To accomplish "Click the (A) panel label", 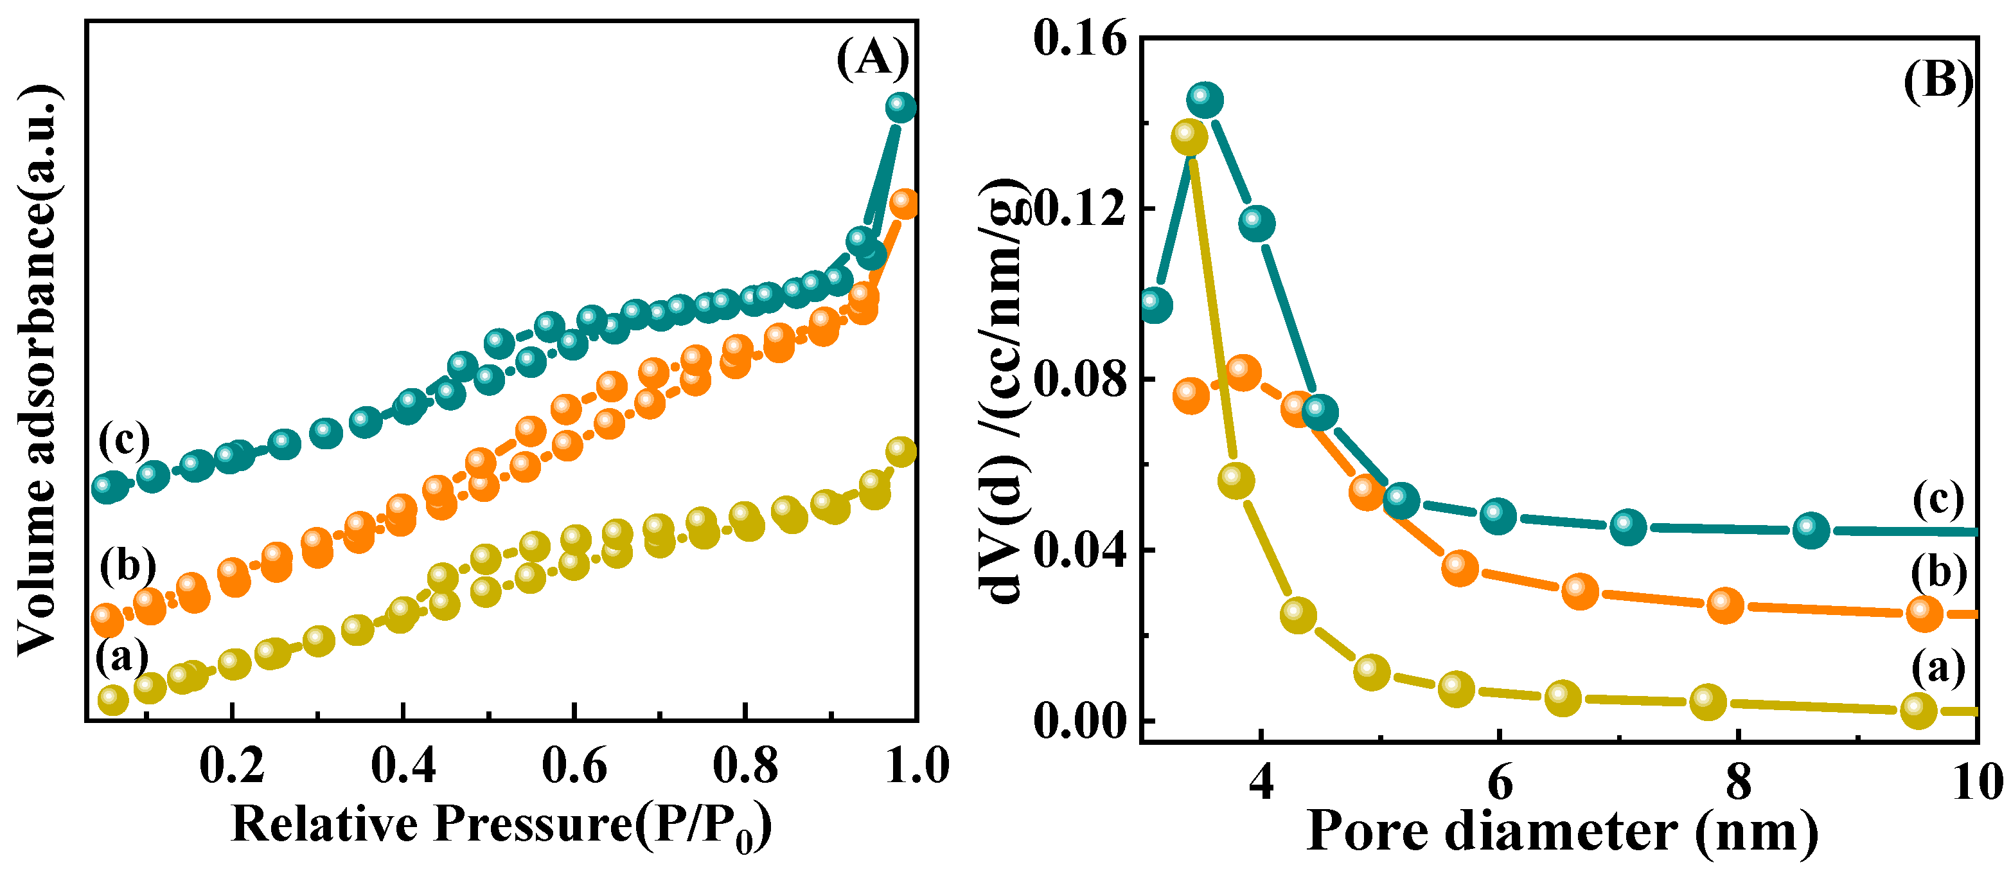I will pos(873,58).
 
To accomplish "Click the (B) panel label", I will pos(1938,81).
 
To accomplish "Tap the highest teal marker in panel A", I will pos(901,107).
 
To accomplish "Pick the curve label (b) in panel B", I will pos(1938,573).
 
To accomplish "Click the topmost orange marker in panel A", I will pos(903,204).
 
